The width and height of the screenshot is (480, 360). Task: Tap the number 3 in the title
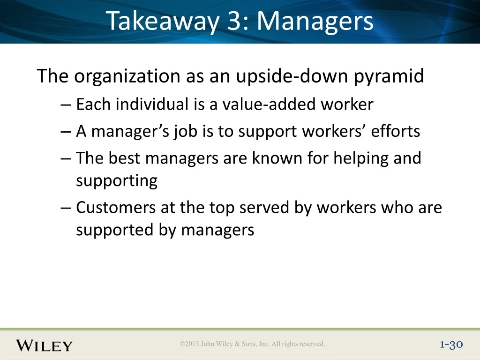[234, 21]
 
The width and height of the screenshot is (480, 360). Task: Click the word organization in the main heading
[127, 76]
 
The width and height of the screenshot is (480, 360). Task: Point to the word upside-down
[292, 76]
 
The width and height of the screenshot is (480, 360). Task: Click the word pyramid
[389, 76]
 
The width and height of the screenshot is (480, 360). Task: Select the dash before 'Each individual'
[66, 105]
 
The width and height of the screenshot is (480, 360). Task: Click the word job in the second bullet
[185, 132]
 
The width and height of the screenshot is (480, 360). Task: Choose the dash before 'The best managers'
[66, 159]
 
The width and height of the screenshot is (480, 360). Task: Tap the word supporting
[117, 181]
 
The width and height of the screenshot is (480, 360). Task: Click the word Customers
[116, 207]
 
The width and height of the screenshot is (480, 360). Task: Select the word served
[264, 207]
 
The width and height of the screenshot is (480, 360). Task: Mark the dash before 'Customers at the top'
[66, 208]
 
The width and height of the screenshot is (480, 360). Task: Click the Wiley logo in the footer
[44, 345]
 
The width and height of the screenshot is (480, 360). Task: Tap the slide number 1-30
[451, 345]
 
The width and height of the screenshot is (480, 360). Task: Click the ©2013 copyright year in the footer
[189, 344]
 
